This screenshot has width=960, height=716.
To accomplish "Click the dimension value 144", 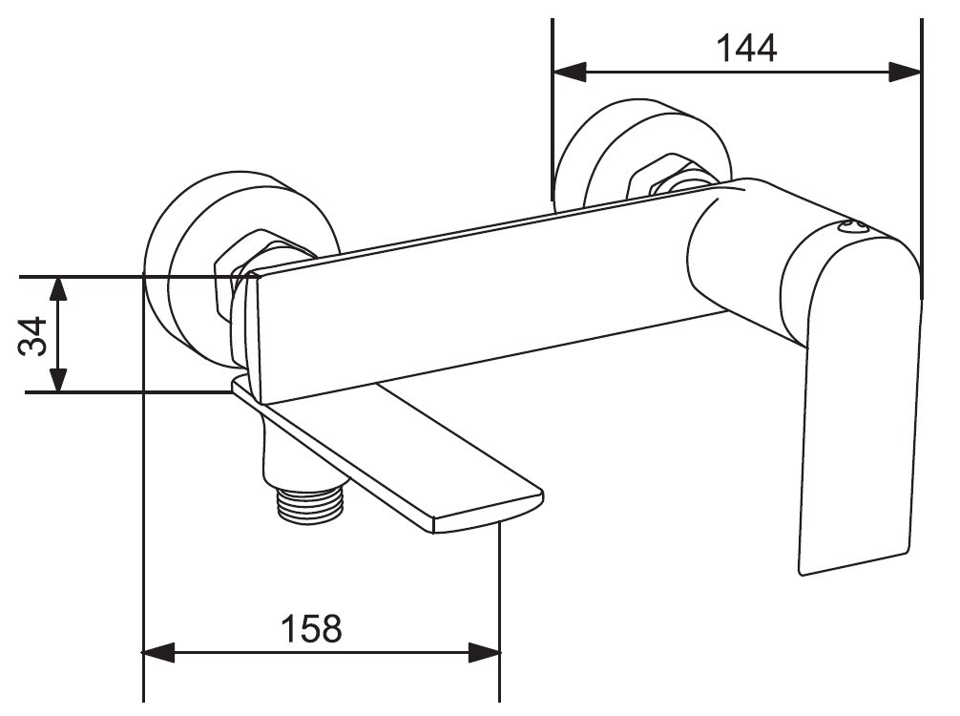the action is pyautogui.click(x=745, y=49).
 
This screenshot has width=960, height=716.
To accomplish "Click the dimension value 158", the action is pyautogui.click(x=312, y=628).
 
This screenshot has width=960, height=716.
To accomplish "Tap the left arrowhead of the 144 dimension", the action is pyautogui.click(x=570, y=72).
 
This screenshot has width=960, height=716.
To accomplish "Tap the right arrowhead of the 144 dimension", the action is pyautogui.click(x=905, y=72).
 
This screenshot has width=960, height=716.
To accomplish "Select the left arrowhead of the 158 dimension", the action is pyautogui.click(x=159, y=652).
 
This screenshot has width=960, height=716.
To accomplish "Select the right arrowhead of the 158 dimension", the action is pyautogui.click(x=484, y=652).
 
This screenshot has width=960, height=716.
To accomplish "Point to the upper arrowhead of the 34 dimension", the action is pyautogui.click(x=57, y=293).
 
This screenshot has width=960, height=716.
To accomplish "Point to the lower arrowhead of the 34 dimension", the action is pyautogui.click(x=57, y=375).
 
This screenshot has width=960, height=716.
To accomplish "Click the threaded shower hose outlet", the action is pyautogui.click(x=310, y=501).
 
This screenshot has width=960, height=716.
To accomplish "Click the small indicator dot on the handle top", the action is pyautogui.click(x=853, y=227).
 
